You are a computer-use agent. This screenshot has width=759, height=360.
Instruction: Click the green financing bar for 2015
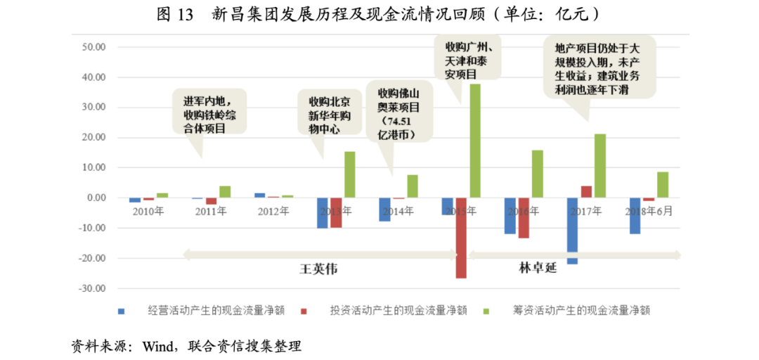475,141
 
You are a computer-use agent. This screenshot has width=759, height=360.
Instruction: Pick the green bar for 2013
349,174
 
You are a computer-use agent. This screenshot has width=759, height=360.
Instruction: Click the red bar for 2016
524,218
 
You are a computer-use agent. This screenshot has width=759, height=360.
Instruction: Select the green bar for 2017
599,165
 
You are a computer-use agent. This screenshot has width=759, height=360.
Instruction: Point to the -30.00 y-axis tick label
92,288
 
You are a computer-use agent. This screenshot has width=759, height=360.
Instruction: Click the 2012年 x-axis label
273,211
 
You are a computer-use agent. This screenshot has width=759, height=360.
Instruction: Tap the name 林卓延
538,268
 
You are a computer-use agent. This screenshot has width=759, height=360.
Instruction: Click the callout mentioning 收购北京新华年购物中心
325,115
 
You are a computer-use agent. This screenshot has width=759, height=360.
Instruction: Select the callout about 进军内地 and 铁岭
209,112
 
